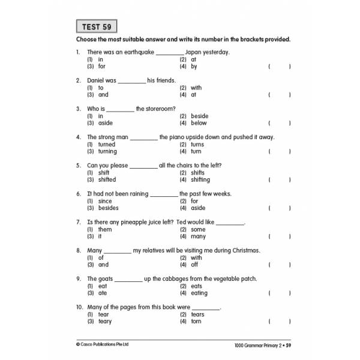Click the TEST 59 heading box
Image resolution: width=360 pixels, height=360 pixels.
click(96, 26)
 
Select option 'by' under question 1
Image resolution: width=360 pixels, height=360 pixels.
click(194, 67)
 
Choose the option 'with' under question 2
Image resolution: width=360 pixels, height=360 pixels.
click(196, 88)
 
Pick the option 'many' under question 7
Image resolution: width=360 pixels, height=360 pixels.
click(198, 236)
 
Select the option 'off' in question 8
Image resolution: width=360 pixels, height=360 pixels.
click(194, 265)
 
